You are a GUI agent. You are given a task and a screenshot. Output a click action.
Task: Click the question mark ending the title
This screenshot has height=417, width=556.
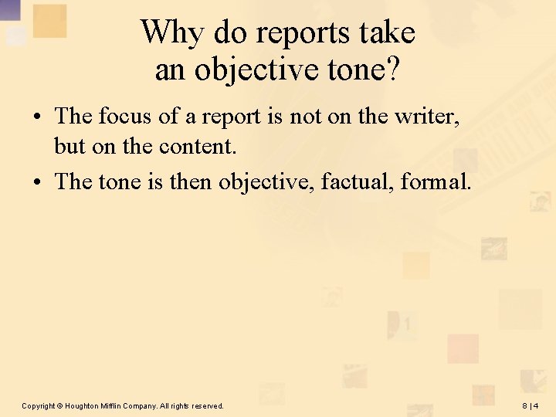[x=393, y=69]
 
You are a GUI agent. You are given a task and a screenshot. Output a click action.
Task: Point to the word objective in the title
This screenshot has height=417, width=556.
[x=256, y=69]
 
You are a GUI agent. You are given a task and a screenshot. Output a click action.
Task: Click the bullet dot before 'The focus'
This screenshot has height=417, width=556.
[x=38, y=117]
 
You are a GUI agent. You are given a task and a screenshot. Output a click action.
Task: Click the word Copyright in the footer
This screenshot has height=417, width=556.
[x=39, y=405]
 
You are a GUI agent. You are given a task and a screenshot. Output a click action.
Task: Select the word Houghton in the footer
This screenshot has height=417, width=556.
[x=82, y=405]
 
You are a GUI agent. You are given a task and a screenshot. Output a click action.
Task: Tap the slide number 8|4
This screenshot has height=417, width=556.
[x=531, y=405]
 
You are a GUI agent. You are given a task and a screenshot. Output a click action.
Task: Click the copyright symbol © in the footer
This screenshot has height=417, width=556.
[x=60, y=405]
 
